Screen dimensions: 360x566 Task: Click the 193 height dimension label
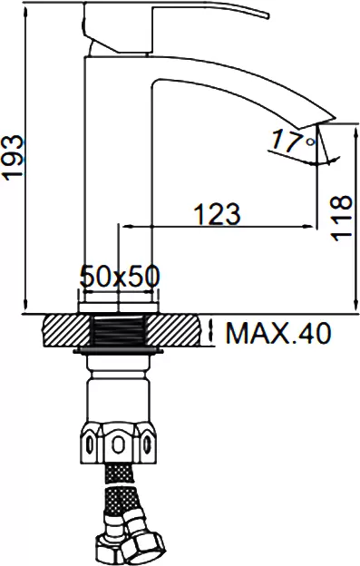click(13, 158)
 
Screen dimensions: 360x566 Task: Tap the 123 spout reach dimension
click(217, 213)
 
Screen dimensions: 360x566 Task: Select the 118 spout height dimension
click(341, 218)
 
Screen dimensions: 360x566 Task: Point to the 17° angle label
click(293, 141)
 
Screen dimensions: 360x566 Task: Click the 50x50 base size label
click(120, 276)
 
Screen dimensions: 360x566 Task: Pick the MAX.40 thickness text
click(277, 333)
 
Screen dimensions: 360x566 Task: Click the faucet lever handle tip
click(268, 15)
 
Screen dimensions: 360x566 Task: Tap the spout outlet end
click(316, 122)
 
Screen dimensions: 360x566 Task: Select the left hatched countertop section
click(66, 331)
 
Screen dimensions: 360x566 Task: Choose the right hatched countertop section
click(174, 331)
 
